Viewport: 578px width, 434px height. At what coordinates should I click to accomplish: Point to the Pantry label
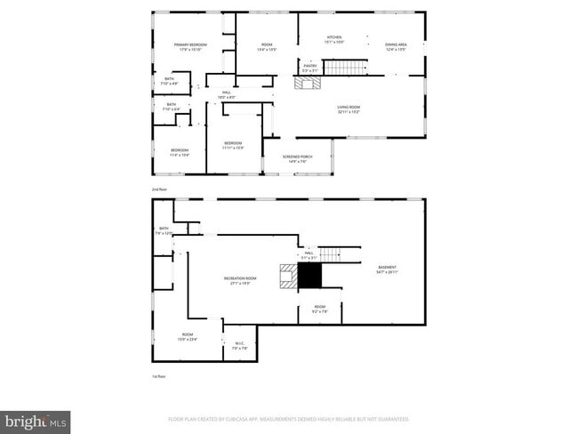point(310,68)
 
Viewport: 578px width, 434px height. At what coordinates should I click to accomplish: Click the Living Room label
point(348,110)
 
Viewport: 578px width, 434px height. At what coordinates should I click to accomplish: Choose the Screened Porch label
point(296,158)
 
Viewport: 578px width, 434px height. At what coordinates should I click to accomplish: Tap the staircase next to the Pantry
point(344,68)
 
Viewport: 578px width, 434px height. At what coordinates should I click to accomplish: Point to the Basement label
point(387,269)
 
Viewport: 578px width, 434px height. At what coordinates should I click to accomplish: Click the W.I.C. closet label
point(239,347)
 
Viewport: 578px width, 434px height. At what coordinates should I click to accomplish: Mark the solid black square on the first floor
point(309,277)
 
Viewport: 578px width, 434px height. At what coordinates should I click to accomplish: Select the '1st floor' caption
point(158,376)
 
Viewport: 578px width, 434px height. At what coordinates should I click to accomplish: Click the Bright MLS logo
point(36,421)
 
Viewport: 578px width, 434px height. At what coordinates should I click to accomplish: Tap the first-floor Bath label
point(164,231)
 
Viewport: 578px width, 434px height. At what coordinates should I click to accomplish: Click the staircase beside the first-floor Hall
point(332,254)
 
